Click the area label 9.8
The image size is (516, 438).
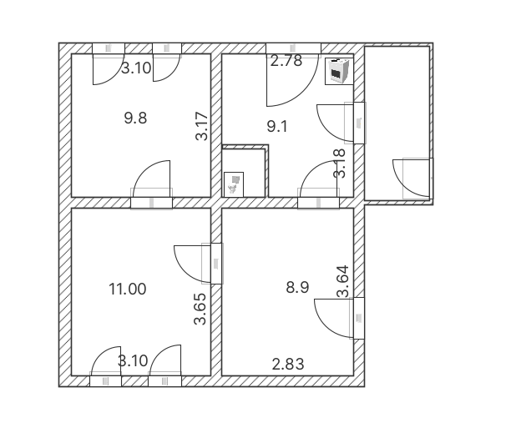135,118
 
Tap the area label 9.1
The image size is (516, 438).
277,127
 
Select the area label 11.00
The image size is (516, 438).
128,289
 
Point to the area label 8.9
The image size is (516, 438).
298,287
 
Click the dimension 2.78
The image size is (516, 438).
285,60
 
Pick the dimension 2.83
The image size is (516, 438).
288,363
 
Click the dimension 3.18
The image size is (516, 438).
339,164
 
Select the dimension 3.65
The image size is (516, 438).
200,310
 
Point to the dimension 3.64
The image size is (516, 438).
342,281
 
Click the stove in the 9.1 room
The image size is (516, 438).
337,72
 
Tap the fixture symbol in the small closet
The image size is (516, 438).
234,183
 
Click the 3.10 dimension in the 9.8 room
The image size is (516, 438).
136,68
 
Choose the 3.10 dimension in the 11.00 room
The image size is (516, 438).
133,361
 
